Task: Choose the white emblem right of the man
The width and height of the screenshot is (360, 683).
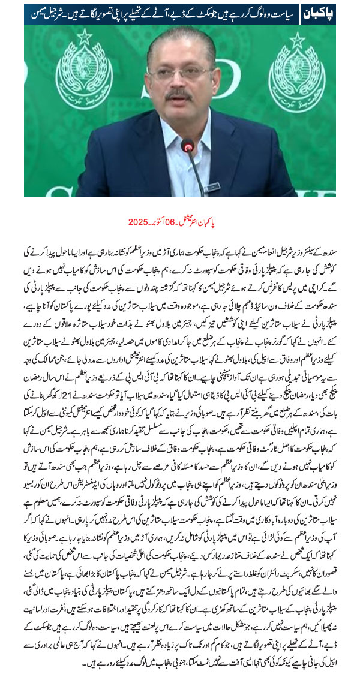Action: [x=298, y=73]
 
